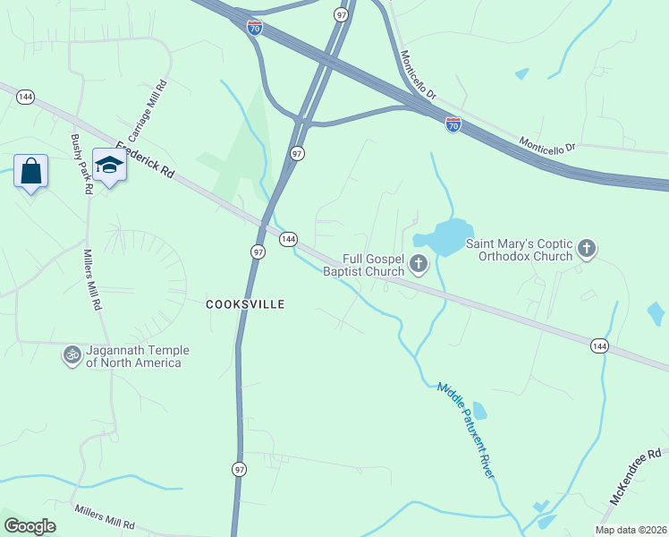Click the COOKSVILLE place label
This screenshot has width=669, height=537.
pos(245,304)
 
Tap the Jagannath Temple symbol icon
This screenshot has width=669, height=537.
pos(71,355)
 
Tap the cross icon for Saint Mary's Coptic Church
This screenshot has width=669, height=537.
pos(586,250)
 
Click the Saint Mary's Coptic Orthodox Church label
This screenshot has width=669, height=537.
pos(519,250)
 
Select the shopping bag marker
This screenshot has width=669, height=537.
pos(30,170)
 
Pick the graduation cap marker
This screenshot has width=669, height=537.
pos(109,166)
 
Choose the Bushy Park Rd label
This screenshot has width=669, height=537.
pos(82,165)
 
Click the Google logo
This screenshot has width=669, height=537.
pos(30,526)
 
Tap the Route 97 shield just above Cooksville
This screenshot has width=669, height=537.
pos(258,252)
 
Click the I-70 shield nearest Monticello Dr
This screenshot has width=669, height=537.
pos(453,125)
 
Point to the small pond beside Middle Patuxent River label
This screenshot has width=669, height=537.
pos(479,411)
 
